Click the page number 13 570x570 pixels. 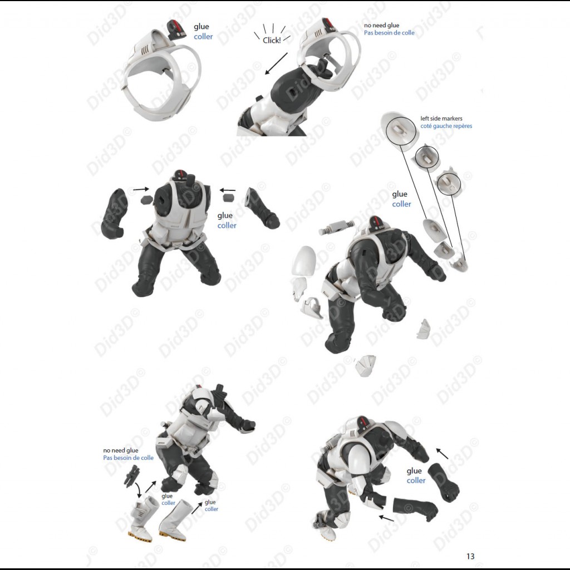[x=470, y=556]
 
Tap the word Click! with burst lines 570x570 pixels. [x=272, y=40]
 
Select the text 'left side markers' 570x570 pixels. [x=441, y=119]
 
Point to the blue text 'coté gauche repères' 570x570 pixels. [x=446, y=126]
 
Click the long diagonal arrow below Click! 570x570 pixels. [x=276, y=63]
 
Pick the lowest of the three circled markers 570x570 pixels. [x=450, y=183]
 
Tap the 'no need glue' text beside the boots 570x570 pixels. [x=121, y=450]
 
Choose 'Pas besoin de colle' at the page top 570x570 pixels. [x=389, y=33]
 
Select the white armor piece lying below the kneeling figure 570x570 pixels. [x=366, y=366]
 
